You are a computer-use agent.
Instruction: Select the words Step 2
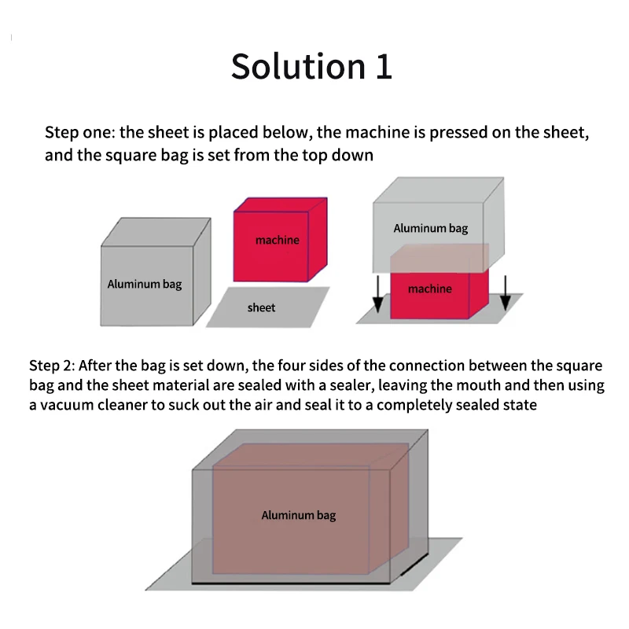(x=51, y=366)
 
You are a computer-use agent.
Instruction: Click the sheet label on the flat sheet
(x=261, y=307)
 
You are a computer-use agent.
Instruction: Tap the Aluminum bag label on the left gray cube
(x=145, y=284)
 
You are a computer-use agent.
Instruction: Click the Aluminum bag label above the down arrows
(x=430, y=228)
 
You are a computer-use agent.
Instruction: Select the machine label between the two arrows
(x=429, y=289)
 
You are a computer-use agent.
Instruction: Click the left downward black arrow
(x=378, y=292)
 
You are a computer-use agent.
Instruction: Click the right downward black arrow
(x=506, y=292)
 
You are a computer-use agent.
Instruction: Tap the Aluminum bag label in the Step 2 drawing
(x=299, y=515)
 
